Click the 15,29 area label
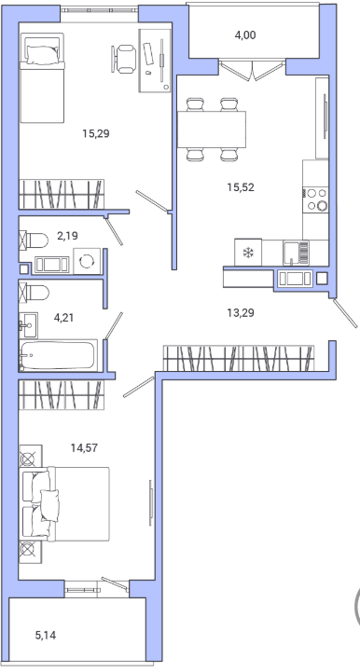(96, 133)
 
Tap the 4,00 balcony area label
(245, 35)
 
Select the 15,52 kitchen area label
(241, 186)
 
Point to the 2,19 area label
(67, 235)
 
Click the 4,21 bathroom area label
(63, 318)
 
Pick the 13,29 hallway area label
(241, 313)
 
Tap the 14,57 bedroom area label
(84, 448)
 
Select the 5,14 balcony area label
(46, 635)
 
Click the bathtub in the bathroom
(59, 355)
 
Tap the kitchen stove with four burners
(316, 199)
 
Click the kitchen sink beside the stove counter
(296, 253)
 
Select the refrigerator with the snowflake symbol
(248, 252)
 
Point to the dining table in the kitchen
(212, 130)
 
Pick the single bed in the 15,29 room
(42, 78)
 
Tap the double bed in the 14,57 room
(64, 504)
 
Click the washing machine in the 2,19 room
(87, 261)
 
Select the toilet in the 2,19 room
(34, 240)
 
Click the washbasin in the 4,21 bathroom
(28, 325)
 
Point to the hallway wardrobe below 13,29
(239, 358)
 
